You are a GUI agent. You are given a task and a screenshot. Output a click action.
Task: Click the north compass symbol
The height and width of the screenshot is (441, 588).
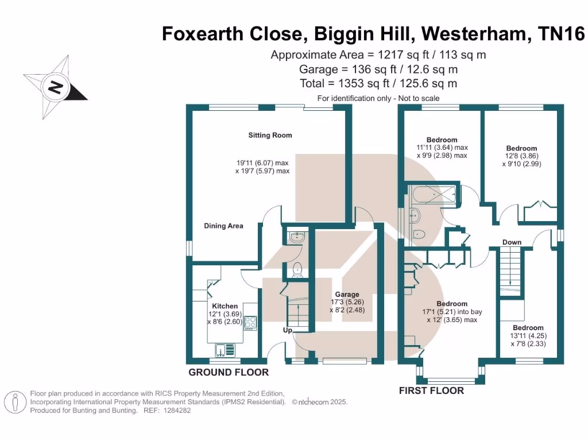click(x=55, y=87)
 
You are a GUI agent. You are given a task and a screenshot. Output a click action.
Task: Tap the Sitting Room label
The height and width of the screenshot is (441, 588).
click(x=270, y=136)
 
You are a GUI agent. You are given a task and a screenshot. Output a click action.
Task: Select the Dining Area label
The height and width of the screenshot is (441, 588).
click(x=223, y=226)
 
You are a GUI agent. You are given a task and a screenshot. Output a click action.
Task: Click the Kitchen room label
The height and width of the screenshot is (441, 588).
click(x=225, y=306)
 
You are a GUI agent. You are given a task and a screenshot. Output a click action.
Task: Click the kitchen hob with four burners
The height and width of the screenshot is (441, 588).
click(x=251, y=323)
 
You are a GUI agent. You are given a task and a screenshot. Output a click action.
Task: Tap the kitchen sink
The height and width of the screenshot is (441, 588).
click(x=221, y=349)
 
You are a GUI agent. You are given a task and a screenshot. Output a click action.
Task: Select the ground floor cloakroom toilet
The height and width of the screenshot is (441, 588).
click(x=297, y=269)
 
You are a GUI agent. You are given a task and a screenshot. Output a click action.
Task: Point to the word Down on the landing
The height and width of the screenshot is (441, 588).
click(x=512, y=242)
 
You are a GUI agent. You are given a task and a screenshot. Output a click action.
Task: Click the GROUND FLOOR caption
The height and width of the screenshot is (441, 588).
click(x=229, y=373)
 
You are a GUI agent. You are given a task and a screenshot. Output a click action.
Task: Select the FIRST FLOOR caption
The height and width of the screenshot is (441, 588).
click(x=431, y=391)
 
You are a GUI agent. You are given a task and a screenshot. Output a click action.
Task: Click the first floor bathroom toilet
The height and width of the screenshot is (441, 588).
click(x=419, y=234)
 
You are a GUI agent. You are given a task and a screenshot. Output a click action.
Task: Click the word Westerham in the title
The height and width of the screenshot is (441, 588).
click(x=476, y=34)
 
